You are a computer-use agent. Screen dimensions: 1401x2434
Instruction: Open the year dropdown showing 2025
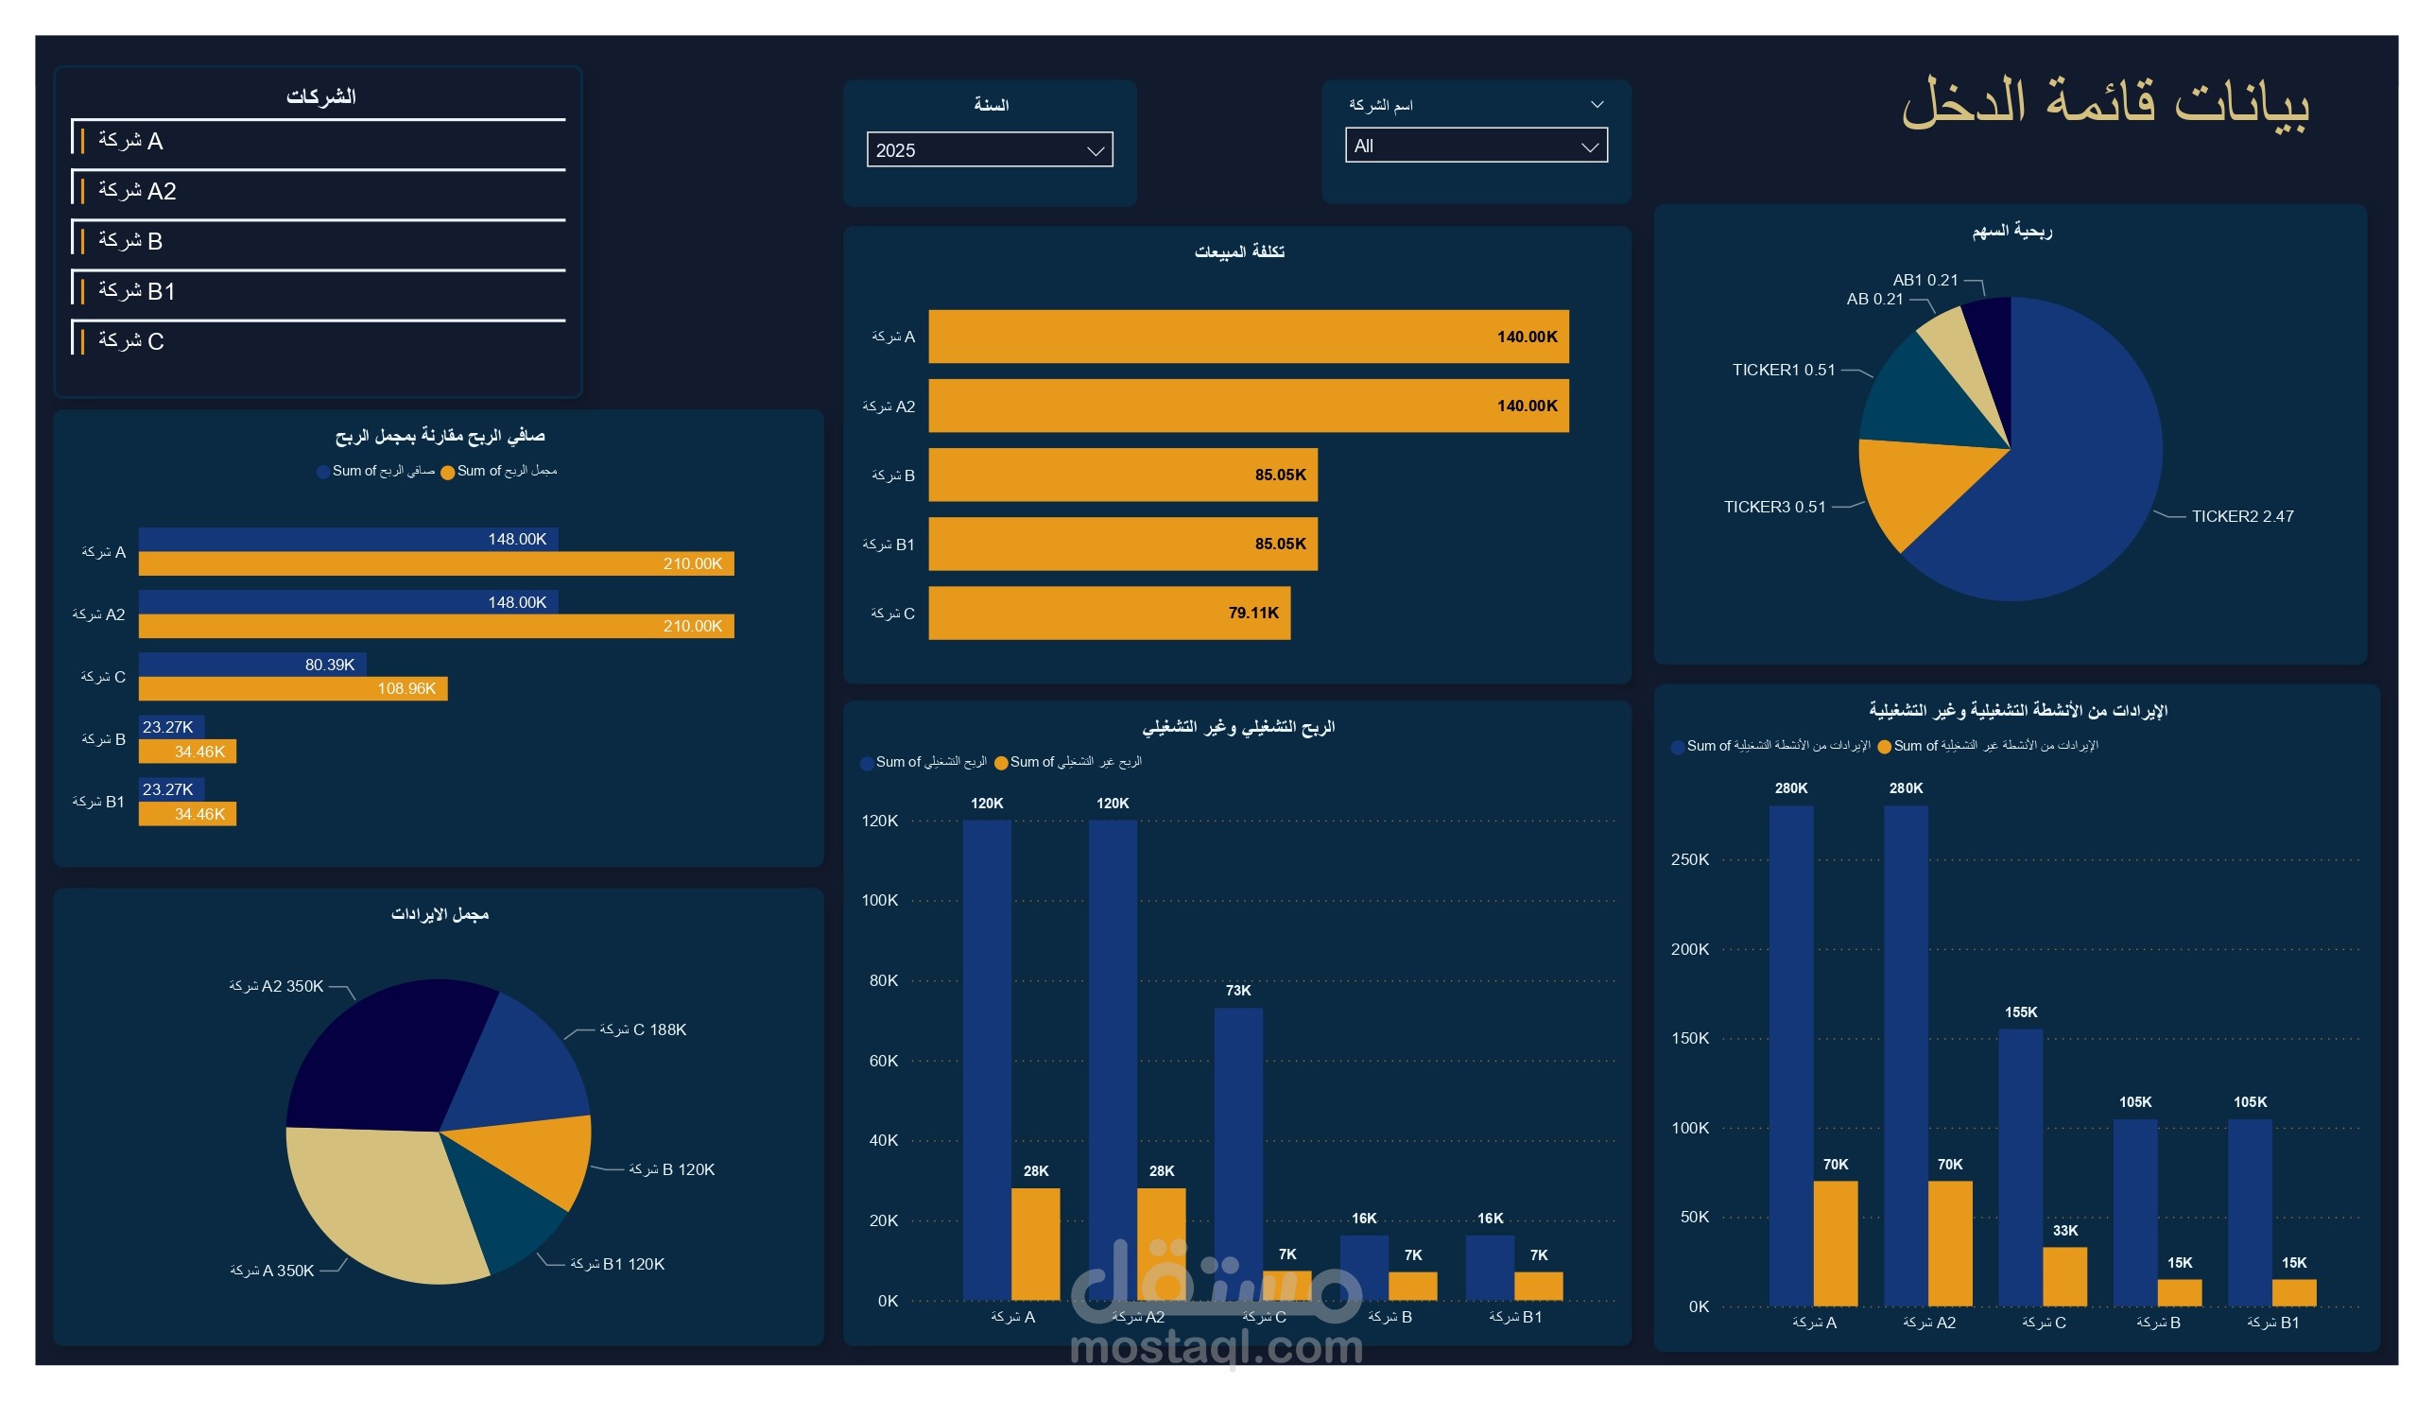(989, 150)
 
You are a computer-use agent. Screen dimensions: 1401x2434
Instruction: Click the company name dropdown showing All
(1475, 147)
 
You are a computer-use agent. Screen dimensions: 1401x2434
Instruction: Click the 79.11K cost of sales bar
(1108, 613)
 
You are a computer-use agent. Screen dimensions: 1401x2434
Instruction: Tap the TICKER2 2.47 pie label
(2241, 517)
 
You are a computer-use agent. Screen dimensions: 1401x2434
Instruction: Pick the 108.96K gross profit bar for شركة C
(292, 689)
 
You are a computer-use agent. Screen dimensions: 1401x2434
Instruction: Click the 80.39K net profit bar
(252, 665)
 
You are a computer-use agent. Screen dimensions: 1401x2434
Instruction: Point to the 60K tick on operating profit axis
(883, 1061)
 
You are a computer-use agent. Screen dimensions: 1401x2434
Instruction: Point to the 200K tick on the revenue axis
(1689, 950)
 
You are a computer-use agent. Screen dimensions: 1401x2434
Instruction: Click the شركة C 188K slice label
(643, 1030)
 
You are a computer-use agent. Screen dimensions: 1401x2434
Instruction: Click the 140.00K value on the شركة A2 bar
(1527, 406)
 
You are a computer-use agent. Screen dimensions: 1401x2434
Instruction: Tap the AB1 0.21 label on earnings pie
(1925, 280)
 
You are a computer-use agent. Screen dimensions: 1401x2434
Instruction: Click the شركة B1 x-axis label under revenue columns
(2273, 1323)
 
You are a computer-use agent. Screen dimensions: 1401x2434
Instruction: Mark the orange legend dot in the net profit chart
(447, 473)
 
